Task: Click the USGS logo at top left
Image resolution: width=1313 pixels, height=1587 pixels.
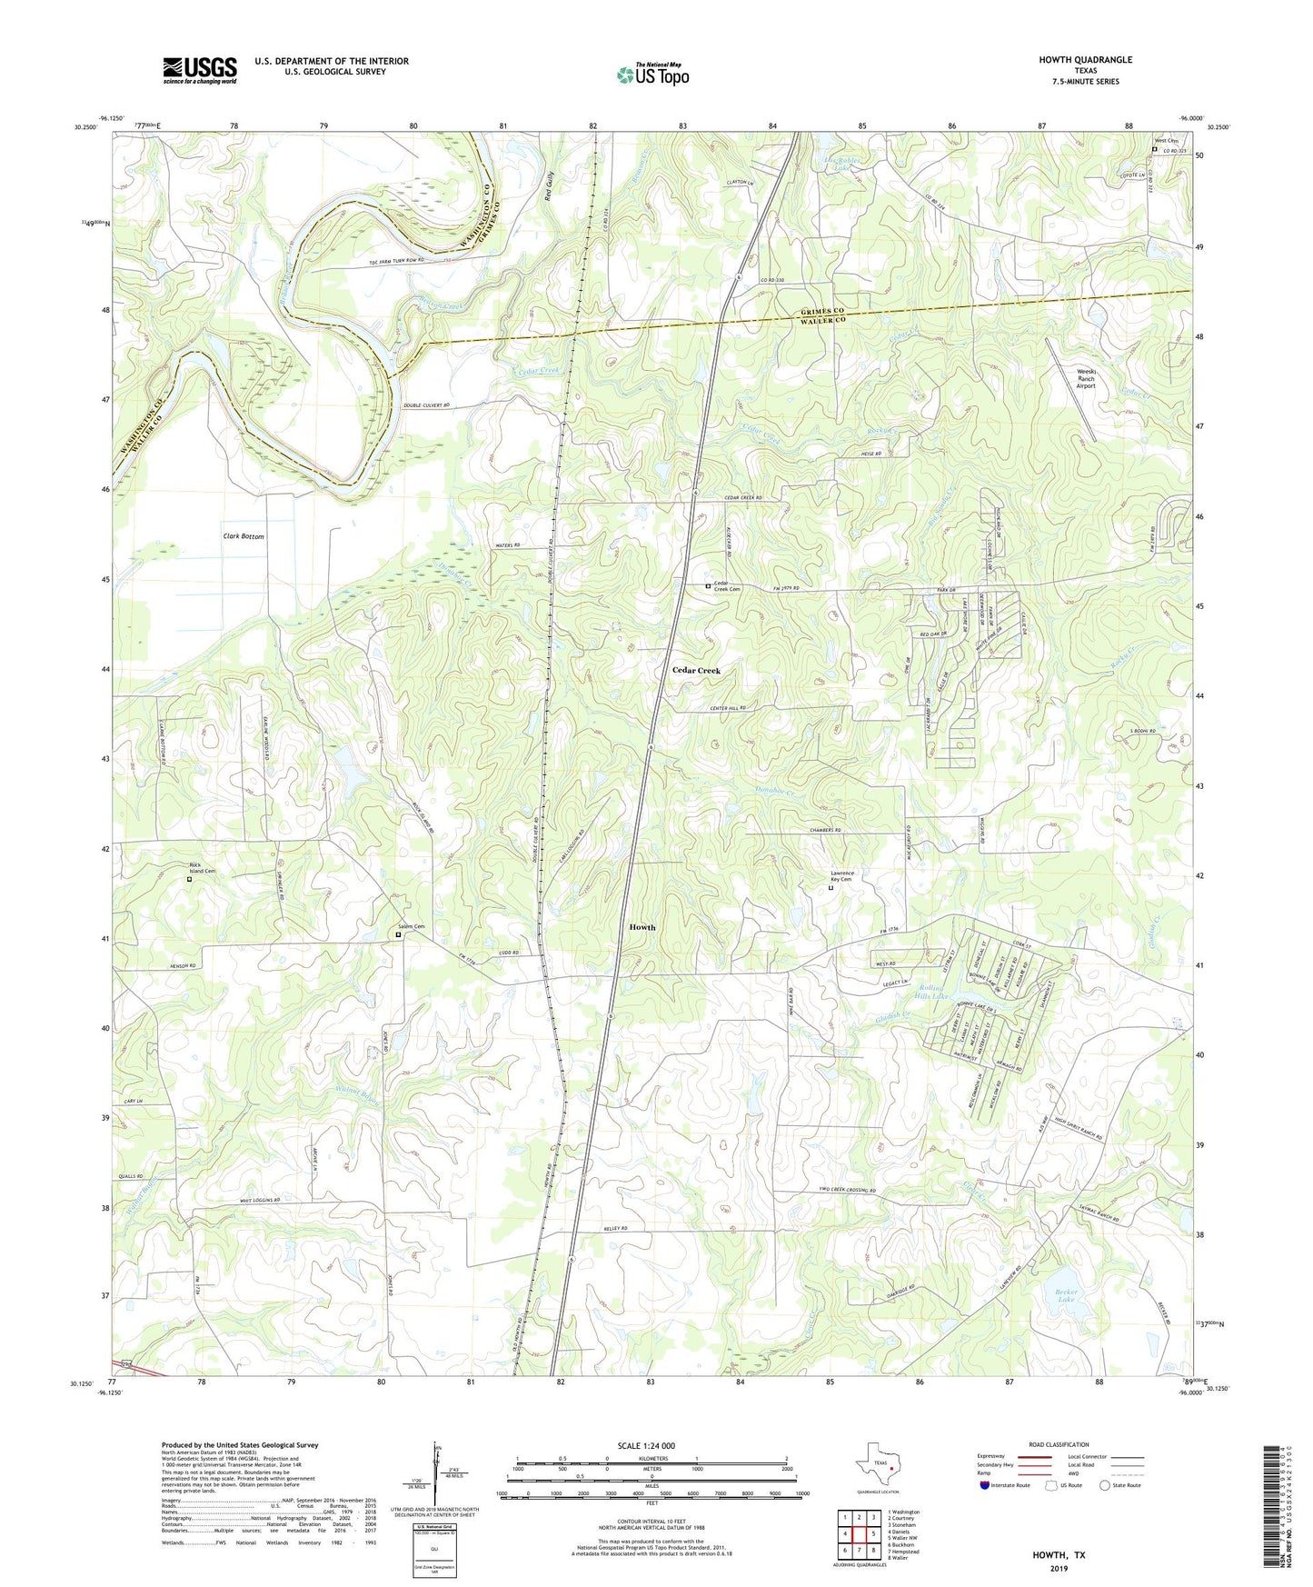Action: [200, 70]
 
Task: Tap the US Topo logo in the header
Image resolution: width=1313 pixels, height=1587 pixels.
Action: [652, 75]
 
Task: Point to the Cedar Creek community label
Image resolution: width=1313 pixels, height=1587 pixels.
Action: [696, 670]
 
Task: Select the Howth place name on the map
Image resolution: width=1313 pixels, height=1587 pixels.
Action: [642, 927]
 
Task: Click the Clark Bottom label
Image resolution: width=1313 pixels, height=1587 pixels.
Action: [244, 536]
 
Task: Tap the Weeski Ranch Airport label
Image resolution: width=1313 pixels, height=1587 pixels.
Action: [1086, 378]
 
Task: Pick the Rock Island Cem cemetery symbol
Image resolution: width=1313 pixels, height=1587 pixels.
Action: [190, 879]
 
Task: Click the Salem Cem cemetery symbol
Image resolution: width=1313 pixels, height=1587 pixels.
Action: [398, 933]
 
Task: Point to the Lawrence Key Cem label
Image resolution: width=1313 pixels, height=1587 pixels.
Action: [841, 876]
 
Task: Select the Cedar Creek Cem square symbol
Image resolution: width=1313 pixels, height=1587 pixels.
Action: [709, 586]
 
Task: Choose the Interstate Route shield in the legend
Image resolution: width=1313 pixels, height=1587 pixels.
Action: [985, 1485]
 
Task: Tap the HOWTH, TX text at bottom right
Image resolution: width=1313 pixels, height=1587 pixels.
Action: [1059, 1555]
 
